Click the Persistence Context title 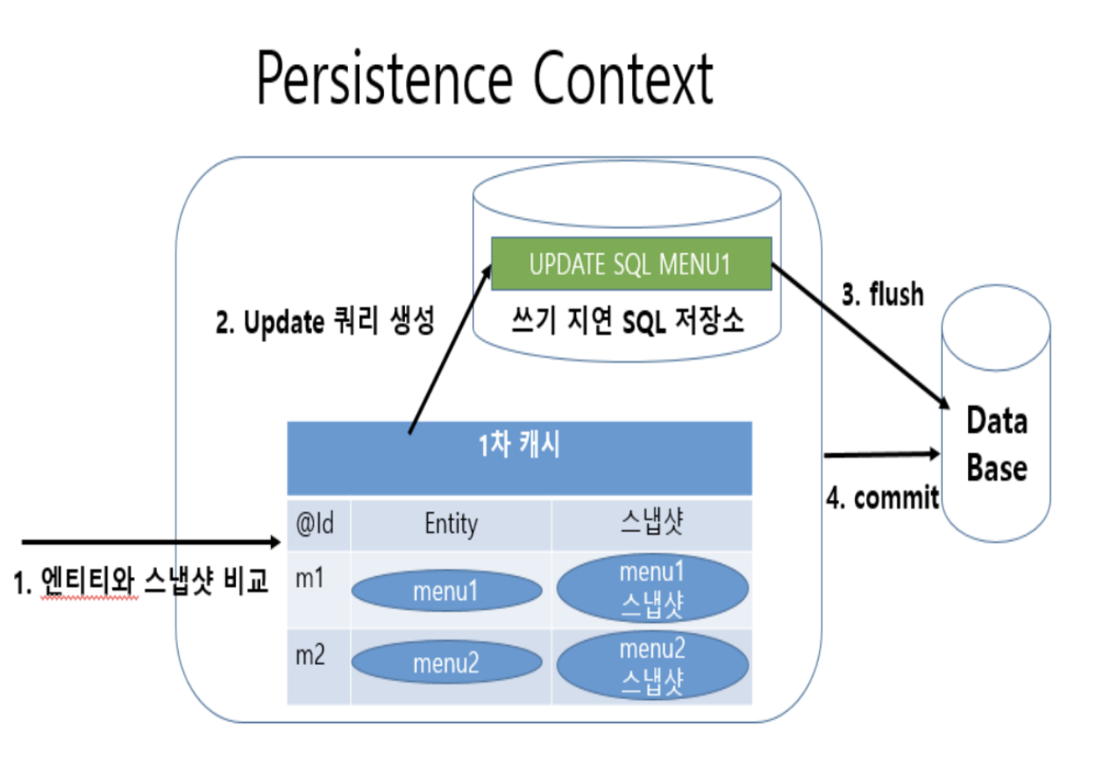pos(484,80)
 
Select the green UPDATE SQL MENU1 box pos(630,264)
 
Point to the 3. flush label pos(882,295)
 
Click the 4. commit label pos(882,498)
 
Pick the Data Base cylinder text pos(996,445)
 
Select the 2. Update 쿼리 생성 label pos(324,323)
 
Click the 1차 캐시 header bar pos(519,447)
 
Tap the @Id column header pos(317,524)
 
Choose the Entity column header pos(451,524)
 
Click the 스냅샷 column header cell pos(651,524)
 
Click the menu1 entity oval pos(446,592)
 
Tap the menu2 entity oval pos(446,664)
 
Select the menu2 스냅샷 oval pos(651,665)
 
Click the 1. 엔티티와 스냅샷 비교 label pos(140,582)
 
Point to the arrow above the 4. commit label pos(880,454)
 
